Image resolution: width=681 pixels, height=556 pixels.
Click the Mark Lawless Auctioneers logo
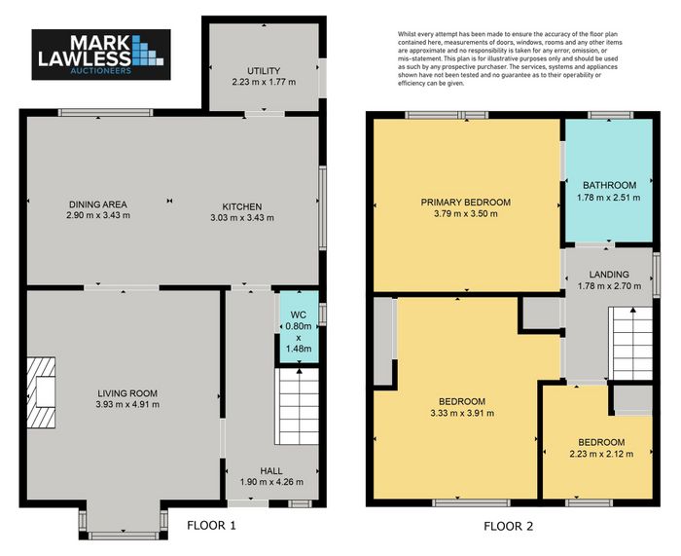coord(101,55)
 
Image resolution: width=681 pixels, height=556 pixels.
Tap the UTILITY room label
coord(264,71)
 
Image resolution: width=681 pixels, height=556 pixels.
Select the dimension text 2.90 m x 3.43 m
coord(98,215)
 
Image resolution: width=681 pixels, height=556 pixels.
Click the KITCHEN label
coord(242,207)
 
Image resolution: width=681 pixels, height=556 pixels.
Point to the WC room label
coord(299,315)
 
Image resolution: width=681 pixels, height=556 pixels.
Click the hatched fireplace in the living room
coord(41,392)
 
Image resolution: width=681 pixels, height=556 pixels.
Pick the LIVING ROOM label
coord(127,393)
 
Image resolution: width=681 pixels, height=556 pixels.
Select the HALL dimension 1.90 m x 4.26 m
coord(271,482)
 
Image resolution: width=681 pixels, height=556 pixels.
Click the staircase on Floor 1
coord(297,406)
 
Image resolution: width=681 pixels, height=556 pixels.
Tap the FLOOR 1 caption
coord(211,526)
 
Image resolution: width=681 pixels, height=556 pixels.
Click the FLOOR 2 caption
coord(508,527)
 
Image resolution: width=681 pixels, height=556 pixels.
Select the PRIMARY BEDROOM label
coord(466,203)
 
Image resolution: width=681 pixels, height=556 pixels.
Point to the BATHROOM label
coord(609,185)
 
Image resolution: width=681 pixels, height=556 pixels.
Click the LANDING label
coord(609,275)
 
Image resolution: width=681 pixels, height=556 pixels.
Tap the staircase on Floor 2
coord(630,344)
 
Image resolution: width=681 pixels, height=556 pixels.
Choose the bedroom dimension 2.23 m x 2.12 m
coord(601,455)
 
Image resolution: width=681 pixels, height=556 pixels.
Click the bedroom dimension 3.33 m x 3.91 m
coord(462,413)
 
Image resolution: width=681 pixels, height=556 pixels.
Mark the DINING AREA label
coord(98,204)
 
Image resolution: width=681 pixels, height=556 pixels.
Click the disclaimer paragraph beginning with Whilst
coord(510,58)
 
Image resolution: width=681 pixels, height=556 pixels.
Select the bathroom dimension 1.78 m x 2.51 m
coord(608,198)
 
